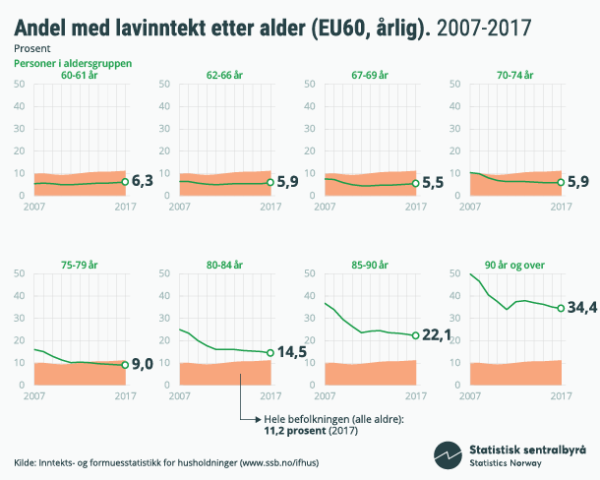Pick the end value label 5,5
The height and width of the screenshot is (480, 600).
coord(434,184)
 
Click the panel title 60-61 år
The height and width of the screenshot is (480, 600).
coord(80,74)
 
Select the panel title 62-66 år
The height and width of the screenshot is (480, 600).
coord(225,74)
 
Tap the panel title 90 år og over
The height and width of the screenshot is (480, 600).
coord(515,265)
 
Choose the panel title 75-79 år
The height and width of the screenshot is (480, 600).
coord(80,265)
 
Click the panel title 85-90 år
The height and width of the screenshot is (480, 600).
coord(370,265)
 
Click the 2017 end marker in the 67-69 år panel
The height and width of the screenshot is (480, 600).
coord(415,184)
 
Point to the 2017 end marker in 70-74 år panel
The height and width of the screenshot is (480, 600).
coord(561,183)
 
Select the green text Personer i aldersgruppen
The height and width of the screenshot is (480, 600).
coord(72,63)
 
